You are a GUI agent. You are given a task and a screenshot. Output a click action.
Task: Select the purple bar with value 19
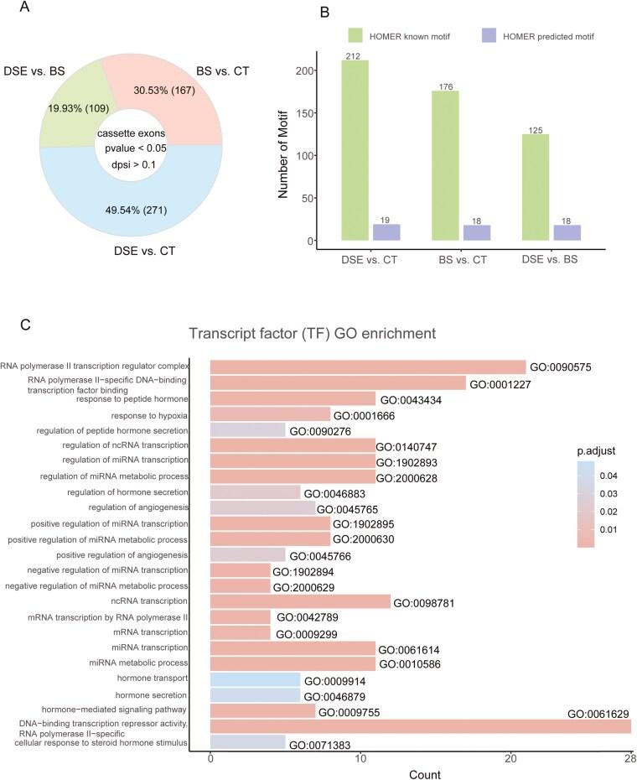click(x=386, y=232)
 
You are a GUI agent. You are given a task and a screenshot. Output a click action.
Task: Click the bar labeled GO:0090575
click(x=368, y=367)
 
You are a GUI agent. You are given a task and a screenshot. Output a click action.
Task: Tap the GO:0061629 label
click(x=598, y=715)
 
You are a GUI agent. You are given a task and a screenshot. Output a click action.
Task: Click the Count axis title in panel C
click(x=420, y=772)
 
